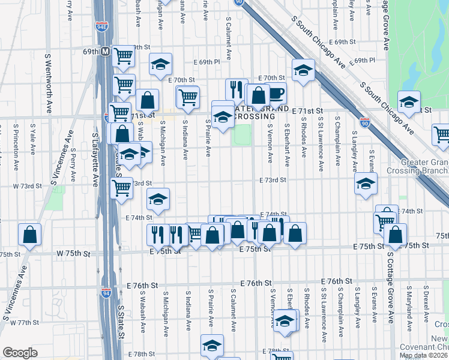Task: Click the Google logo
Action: click(20, 352)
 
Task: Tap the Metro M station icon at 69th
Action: click(104, 52)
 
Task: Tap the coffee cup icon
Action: click(276, 94)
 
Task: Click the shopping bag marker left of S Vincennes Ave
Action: click(29, 235)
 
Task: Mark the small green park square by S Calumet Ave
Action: click(242, 135)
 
